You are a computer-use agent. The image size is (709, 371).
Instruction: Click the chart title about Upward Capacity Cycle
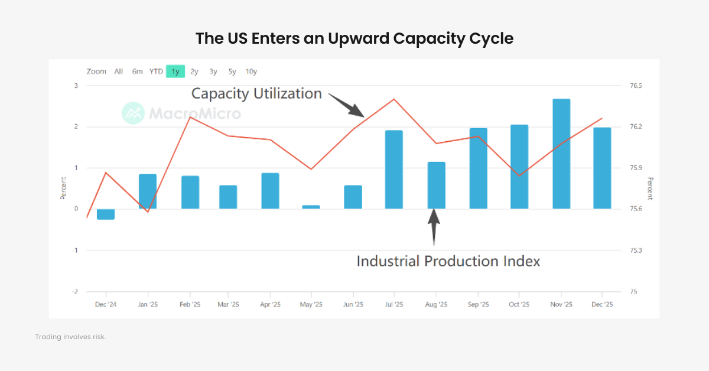[354, 39]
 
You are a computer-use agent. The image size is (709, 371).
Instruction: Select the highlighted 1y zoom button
[175, 71]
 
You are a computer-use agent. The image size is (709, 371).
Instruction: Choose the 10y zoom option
[251, 71]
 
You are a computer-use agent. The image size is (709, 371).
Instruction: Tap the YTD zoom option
[156, 71]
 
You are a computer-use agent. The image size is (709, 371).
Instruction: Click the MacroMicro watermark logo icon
[133, 113]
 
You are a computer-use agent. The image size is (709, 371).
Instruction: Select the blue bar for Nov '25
[561, 154]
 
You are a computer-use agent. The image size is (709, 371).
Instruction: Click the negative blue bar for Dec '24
[106, 214]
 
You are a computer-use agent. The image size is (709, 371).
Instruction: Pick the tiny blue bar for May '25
[311, 207]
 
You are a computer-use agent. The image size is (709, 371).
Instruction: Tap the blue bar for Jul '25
[394, 170]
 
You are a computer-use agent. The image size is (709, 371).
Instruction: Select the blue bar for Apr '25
[270, 191]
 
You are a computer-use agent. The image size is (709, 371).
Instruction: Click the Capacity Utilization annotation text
[256, 93]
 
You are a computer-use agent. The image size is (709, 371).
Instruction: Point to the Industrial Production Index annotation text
[448, 261]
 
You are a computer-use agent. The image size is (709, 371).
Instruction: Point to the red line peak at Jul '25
[394, 99]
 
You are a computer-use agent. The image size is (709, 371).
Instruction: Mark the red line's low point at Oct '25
[519, 176]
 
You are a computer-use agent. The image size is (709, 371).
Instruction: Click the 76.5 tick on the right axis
[636, 86]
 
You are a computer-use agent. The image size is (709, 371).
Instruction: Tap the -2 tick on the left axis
[75, 292]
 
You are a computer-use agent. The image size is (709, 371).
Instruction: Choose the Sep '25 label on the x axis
[478, 305]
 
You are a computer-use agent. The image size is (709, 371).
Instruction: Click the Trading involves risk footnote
[70, 337]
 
